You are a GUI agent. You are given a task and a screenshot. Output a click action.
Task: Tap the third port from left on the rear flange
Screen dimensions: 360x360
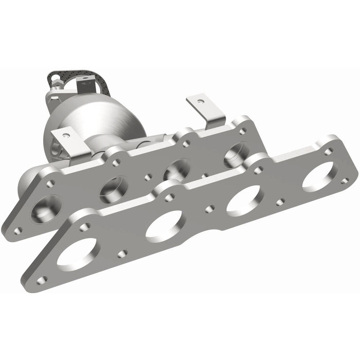point(178,169)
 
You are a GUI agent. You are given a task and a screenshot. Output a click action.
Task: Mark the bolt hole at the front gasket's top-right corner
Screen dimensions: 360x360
point(328,151)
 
